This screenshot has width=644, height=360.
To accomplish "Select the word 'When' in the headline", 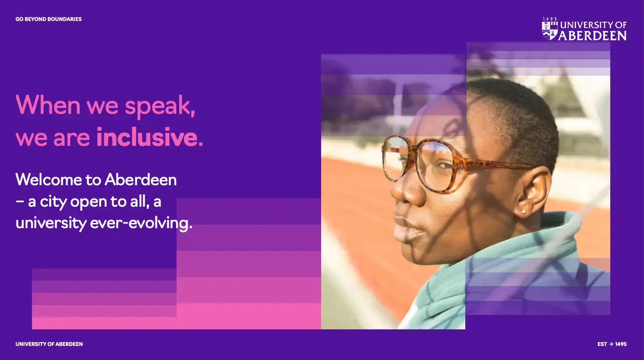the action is pos(48,104).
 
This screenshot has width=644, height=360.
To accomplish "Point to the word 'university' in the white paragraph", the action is pos(51,223).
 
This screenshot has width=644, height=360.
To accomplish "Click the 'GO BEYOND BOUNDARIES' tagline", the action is pos(49,19).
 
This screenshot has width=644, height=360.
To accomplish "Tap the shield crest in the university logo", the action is pos(549,31).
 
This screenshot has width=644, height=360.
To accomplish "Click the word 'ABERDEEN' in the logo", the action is pos(592,35).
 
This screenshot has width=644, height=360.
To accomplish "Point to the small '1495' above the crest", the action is pos(550,19).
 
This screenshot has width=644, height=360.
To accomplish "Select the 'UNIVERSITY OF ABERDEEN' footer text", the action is pos(49,344).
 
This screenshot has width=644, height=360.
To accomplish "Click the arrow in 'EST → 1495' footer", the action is pos(611,344).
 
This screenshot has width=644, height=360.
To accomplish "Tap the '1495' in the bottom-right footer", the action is pos(621,344).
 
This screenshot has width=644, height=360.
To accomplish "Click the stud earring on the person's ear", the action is pos(524,212).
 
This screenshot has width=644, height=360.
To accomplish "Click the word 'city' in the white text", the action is pos(53,202).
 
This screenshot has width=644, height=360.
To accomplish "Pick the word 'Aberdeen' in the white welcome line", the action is pos(141,180).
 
